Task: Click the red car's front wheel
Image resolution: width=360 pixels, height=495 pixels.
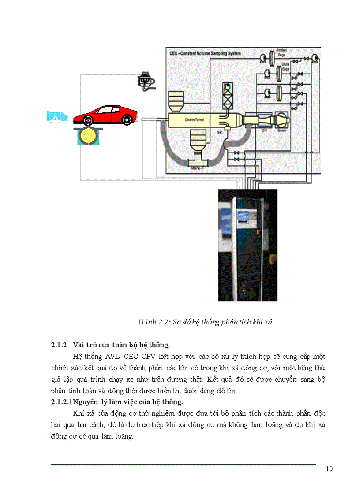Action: tap(127, 119)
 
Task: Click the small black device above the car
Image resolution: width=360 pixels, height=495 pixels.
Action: tap(146, 80)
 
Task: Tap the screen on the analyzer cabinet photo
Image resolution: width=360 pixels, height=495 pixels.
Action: tap(244, 217)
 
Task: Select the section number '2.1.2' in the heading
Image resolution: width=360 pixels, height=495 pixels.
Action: tap(58, 344)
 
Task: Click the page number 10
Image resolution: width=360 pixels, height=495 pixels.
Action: tap(329, 469)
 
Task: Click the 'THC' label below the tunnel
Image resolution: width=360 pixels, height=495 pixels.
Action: tap(219, 132)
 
